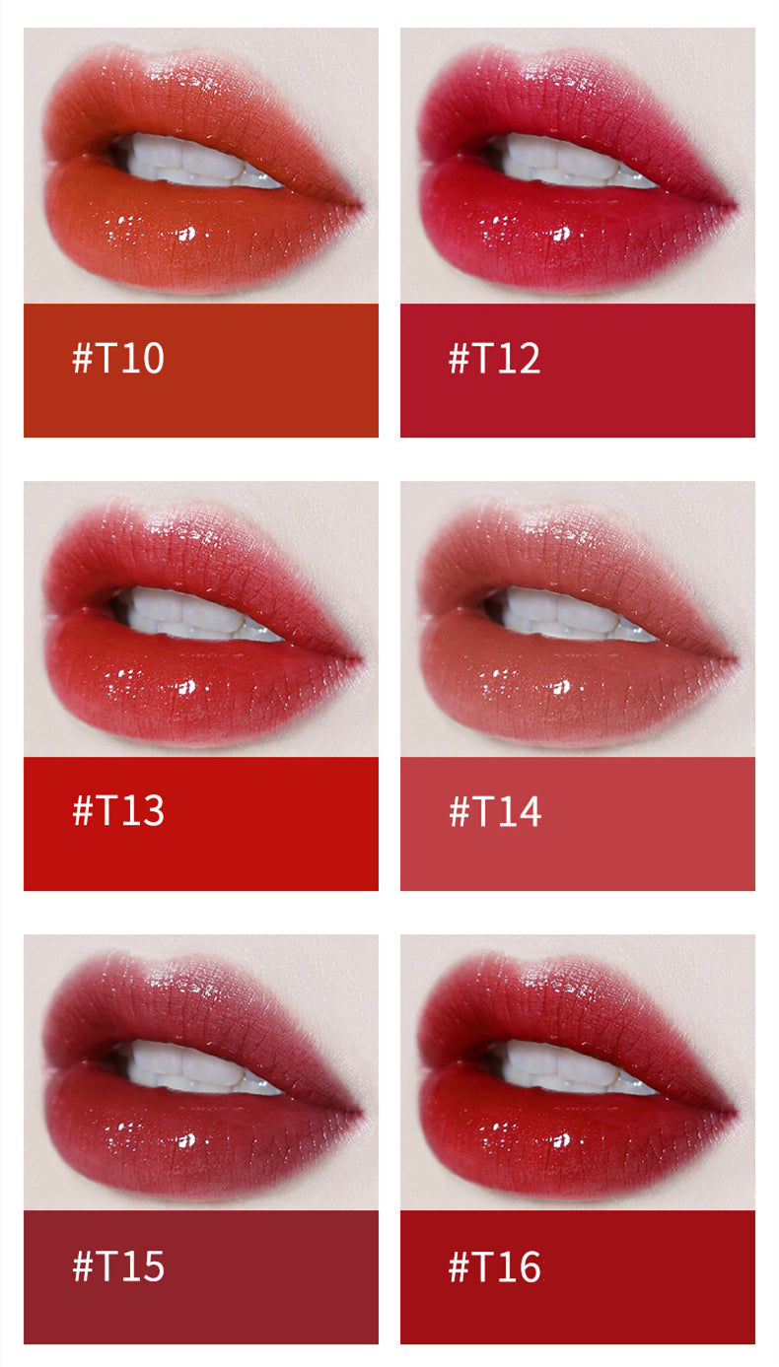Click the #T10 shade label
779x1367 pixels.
pyautogui.click(x=117, y=357)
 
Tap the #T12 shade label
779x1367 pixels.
pyautogui.click(x=494, y=357)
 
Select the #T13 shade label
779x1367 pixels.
pyautogui.click(x=117, y=810)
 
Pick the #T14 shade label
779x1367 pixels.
pyautogui.click(x=494, y=811)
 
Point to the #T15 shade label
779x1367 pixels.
pyautogui.click(x=117, y=1265)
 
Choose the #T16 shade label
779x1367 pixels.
pyautogui.click(x=494, y=1265)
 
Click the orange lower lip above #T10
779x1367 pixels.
pyautogui.click(x=183, y=232)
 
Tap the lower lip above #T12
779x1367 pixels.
pyautogui.click(x=559, y=232)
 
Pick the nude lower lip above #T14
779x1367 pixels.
pyautogui.click(x=559, y=685)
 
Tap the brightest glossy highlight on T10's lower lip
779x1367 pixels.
pyautogui.click(x=187, y=234)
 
